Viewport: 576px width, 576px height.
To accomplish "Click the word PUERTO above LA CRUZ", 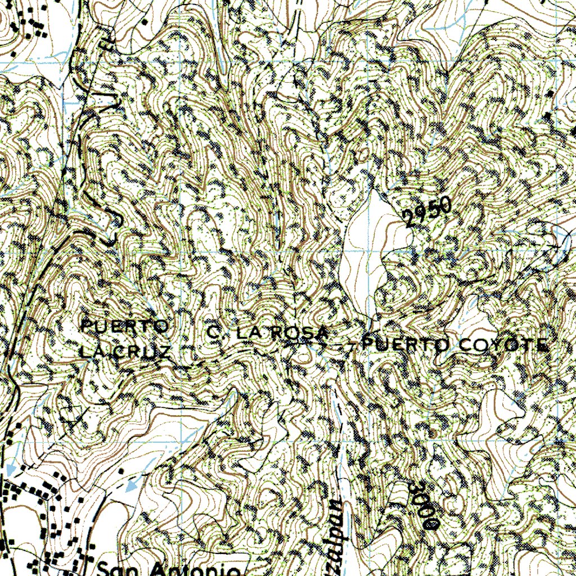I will [x=125, y=326].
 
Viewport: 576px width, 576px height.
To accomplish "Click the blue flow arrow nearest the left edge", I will [x=11, y=468].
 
